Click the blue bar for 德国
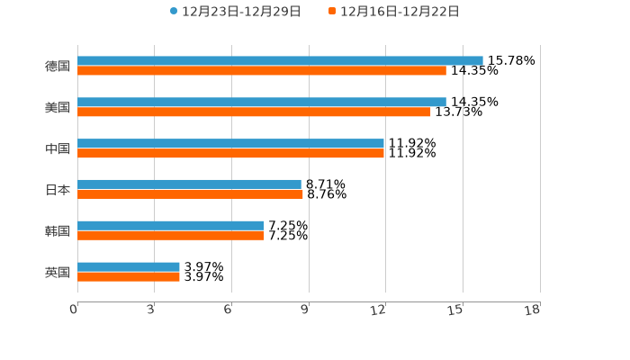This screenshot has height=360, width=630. [280, 61]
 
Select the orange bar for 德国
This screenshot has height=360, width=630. [262, 71]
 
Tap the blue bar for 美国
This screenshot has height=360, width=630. [262, 103]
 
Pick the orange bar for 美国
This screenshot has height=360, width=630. [254, 112]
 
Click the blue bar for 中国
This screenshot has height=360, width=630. [230, 144]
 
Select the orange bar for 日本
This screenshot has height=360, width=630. [190, 193]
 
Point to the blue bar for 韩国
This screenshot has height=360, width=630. [171, 226]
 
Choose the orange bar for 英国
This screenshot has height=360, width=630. [129, 276]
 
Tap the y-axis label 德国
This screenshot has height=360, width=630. [58, 66]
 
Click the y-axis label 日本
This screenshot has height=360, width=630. [58, 190]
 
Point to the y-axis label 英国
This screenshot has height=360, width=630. [58, 272]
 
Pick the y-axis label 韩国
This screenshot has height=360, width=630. [58, 230]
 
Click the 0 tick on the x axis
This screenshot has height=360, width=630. [74, 310]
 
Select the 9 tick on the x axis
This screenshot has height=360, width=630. [305, 310]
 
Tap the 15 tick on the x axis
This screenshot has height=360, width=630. [456, 310]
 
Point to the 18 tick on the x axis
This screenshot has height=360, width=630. [533, 310]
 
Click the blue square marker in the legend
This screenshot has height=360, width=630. [174, 12]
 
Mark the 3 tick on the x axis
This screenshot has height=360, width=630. [151, 310]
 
